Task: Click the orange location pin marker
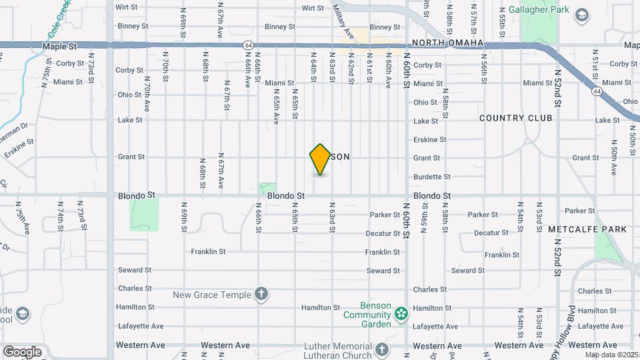coord(321,159)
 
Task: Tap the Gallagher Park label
coord(538,10)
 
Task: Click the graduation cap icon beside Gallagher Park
coord(581,15)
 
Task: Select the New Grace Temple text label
coord(212,295)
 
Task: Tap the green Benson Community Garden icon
coord(401,313)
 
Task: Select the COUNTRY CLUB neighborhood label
coord(516,118)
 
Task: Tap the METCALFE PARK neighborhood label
coord(587,229)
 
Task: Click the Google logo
coord(22,351)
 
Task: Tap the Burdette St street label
coord(432,177)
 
